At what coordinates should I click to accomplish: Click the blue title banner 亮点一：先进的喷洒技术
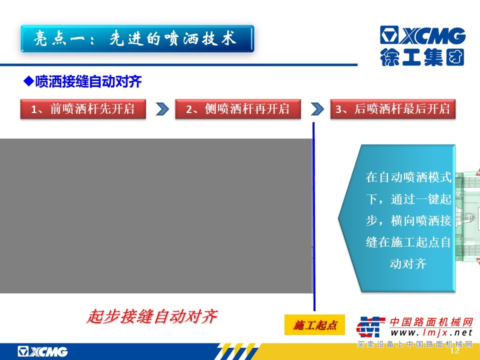coord(137,39)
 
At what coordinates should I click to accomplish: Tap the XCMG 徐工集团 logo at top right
coord(423,46)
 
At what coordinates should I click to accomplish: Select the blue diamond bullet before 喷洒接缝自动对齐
coord(28,81)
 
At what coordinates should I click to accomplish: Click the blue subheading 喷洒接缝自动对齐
coord(88,81)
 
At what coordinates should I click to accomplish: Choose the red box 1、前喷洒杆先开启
coord(83,108)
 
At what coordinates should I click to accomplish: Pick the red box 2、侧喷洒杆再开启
coord(238,108)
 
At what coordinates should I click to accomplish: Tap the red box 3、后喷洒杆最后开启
coord(393,108)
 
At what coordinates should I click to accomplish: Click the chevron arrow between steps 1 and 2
coord(162,109)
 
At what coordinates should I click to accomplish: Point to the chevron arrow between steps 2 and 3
coord(317,109)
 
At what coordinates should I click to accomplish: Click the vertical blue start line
coord(314,216)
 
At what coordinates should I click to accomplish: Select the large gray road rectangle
coord(156,216)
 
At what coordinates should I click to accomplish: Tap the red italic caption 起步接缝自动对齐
coord(152,316)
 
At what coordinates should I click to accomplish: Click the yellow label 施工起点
coord(314,325)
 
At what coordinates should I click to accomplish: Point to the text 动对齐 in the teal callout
coord(408,263)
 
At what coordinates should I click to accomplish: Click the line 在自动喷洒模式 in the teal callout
coord(408,177)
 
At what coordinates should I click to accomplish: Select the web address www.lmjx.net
coord(431,333)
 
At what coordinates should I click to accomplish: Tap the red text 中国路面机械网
coord(431,322)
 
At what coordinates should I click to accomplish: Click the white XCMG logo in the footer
coord(42,351)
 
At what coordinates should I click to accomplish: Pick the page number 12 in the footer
coord(455,350)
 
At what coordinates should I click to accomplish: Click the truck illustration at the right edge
coord(467,216)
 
